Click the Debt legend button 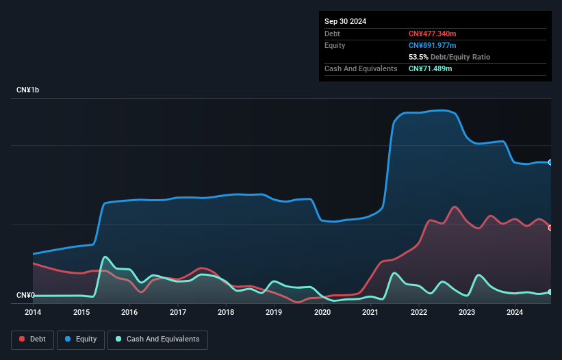point(31,339)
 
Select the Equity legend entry point(81,339)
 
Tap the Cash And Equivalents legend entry point(157,339)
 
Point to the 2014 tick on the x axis point(33,313)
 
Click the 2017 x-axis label point(178,313)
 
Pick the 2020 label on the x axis point(322,313)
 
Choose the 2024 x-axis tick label point(515,313)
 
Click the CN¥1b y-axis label point(28,90)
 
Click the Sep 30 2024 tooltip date point(345,21)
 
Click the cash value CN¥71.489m point(430,68)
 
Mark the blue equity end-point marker point(550,162)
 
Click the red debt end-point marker point(550,227)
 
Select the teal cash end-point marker point(550,292)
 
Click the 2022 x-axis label point(419,313)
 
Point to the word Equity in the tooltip point(335,45)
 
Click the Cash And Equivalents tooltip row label point(361,68)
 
